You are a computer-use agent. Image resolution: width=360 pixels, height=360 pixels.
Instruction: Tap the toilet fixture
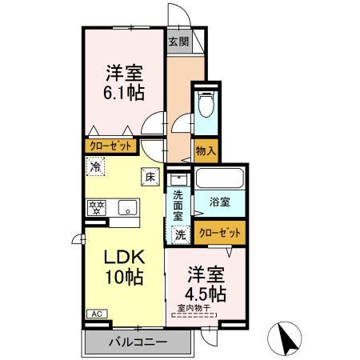[206, 105]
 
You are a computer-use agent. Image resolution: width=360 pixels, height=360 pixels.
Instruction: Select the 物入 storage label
[206, 150]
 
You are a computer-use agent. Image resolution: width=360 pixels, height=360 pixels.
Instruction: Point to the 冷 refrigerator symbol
[96, 168]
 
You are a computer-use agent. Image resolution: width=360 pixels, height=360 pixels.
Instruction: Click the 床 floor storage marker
[149, 178]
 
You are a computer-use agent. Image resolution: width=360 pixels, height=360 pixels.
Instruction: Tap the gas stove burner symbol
[97, 208]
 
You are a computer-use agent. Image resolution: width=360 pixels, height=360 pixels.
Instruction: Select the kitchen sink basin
[127, 208]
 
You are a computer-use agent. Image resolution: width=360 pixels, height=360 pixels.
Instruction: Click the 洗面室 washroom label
[178, 204]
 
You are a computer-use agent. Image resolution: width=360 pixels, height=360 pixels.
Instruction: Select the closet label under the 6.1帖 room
[110, 146]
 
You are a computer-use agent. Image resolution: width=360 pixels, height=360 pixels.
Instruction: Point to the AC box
[94, 314]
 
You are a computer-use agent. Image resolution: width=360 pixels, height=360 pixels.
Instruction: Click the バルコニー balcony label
[138, 342]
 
